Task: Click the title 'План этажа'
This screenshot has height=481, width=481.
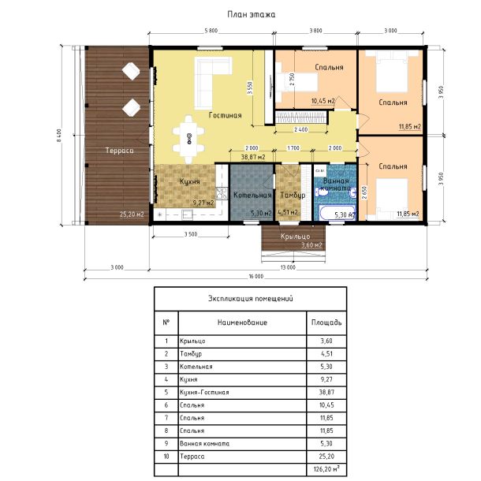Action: (x=252, y=14)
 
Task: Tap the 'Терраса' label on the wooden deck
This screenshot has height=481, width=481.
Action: (x=119, y=151)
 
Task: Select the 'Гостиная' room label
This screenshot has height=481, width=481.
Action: (x=226, y=115)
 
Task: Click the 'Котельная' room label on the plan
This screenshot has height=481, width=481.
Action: (x=252, y=195)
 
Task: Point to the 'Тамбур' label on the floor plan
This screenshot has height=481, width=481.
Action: (x=293, y=195)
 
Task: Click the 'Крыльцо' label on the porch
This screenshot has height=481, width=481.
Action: (x=295, y=237)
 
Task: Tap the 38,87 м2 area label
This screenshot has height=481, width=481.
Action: (x=253, y=158)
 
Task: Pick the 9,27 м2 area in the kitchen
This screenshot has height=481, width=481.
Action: (x=203, y=203)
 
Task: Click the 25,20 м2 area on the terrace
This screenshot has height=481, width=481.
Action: (x=132, y=214)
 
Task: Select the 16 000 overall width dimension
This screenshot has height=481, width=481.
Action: (x=256, y=277)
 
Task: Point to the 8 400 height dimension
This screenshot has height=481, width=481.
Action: (x=59, y=136)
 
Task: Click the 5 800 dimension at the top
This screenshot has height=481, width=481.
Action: (x=211, y=31)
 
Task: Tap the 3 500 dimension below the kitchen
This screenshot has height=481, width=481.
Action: (x=191, y=234)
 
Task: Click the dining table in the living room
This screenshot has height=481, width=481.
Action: (x=188, y=140)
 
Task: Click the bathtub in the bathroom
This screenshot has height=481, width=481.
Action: (x=336, y=212)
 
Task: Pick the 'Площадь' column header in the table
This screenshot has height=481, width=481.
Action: (x=326, y=323)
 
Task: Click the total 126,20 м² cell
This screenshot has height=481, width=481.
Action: (x=326, y=469)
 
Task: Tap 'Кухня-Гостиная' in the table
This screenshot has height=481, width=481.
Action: (x=204, y=393)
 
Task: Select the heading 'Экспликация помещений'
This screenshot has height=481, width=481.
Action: (x=251, y=299)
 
